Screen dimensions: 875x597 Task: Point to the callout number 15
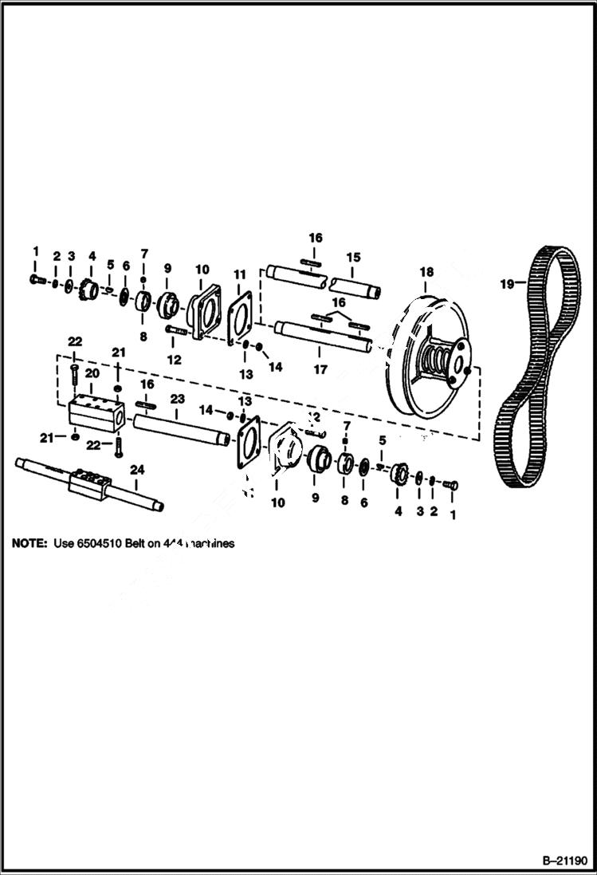tap(352, 257)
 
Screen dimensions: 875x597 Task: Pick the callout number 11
tap(240, 274)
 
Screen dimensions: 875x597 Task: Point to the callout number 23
tap(176, 397)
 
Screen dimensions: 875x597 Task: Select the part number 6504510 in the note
tap(107, 543)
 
